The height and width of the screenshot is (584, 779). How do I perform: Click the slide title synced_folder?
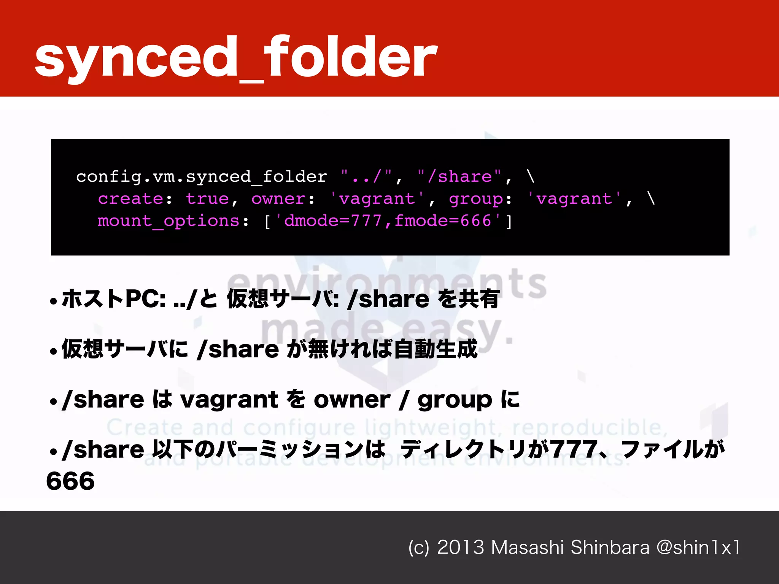point(236,57)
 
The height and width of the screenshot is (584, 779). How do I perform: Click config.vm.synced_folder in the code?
point(202,177)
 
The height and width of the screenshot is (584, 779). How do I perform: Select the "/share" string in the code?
point(459,177)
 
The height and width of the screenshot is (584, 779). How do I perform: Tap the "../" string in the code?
point(366,177)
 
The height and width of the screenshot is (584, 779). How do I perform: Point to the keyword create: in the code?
point(135,199)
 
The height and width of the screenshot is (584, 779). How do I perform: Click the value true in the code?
point(207,199)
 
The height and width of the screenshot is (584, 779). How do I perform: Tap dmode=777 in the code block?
point(333,221)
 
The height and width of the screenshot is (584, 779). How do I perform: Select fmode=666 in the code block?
point(443,221)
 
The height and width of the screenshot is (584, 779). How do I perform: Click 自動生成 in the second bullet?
point(436,349)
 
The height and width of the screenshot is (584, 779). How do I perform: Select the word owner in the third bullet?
point(352,400)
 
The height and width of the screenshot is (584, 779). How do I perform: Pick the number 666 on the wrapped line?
point(70,481)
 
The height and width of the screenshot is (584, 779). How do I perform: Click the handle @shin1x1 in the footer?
point(698,547)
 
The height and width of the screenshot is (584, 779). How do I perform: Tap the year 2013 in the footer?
point(461,547)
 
